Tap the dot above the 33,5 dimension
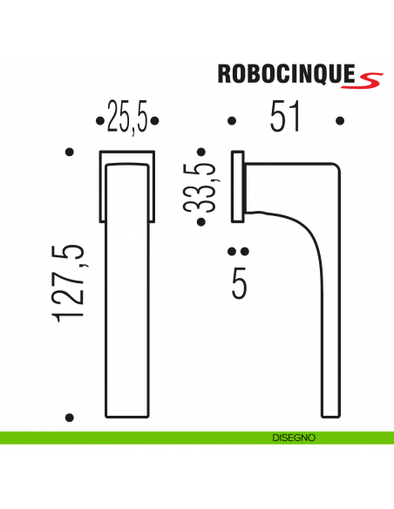202,153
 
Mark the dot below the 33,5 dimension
202,223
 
